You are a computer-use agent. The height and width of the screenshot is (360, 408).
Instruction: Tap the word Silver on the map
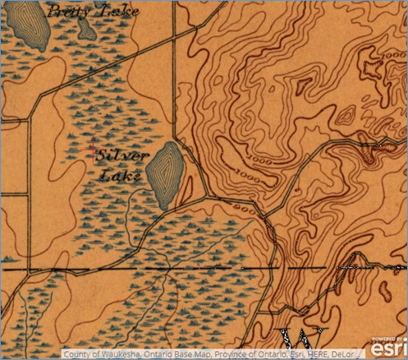click(121, 156)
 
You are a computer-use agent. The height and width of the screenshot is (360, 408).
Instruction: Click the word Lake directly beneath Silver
click(115, 175)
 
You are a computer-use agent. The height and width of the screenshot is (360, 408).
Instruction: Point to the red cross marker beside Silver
click(91, 149)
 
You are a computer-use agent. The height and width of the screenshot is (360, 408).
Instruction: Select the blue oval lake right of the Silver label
click(165, 173)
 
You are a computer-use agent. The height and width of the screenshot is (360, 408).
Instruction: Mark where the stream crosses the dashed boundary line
click(167, 269)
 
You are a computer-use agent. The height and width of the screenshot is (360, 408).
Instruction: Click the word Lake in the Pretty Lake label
click(118, 12)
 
